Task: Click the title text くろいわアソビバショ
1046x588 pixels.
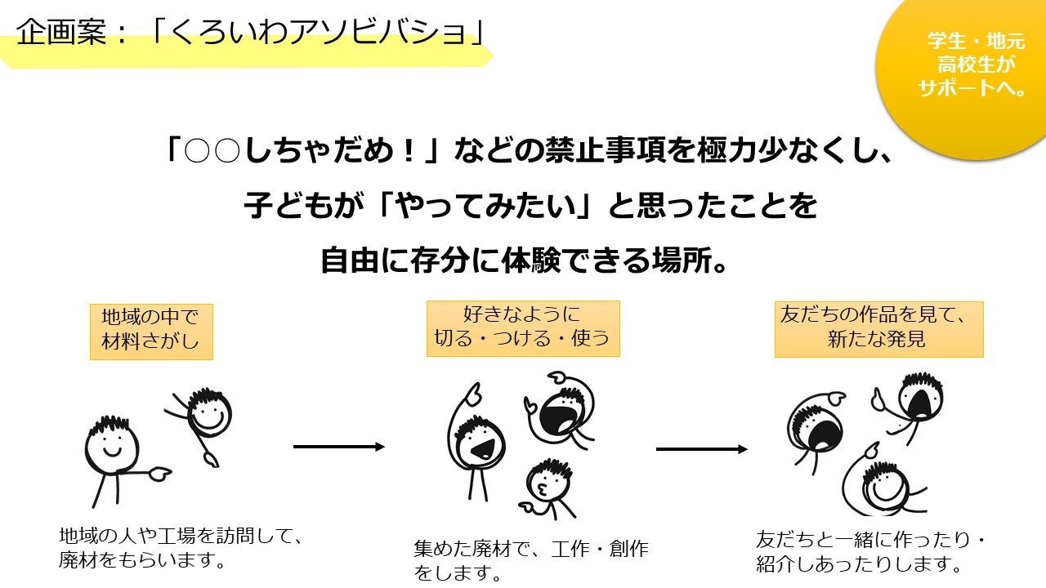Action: [319, 33]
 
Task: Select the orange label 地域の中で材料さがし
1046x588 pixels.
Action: [151, 332]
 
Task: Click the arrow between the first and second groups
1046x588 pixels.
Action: [338, 447]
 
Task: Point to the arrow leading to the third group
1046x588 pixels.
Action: [701, 449]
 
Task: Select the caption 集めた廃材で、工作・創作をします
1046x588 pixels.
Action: [530, 560]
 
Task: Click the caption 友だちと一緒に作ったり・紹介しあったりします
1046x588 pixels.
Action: [871, 551]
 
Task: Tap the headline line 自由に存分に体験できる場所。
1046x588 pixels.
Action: [523, 261]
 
